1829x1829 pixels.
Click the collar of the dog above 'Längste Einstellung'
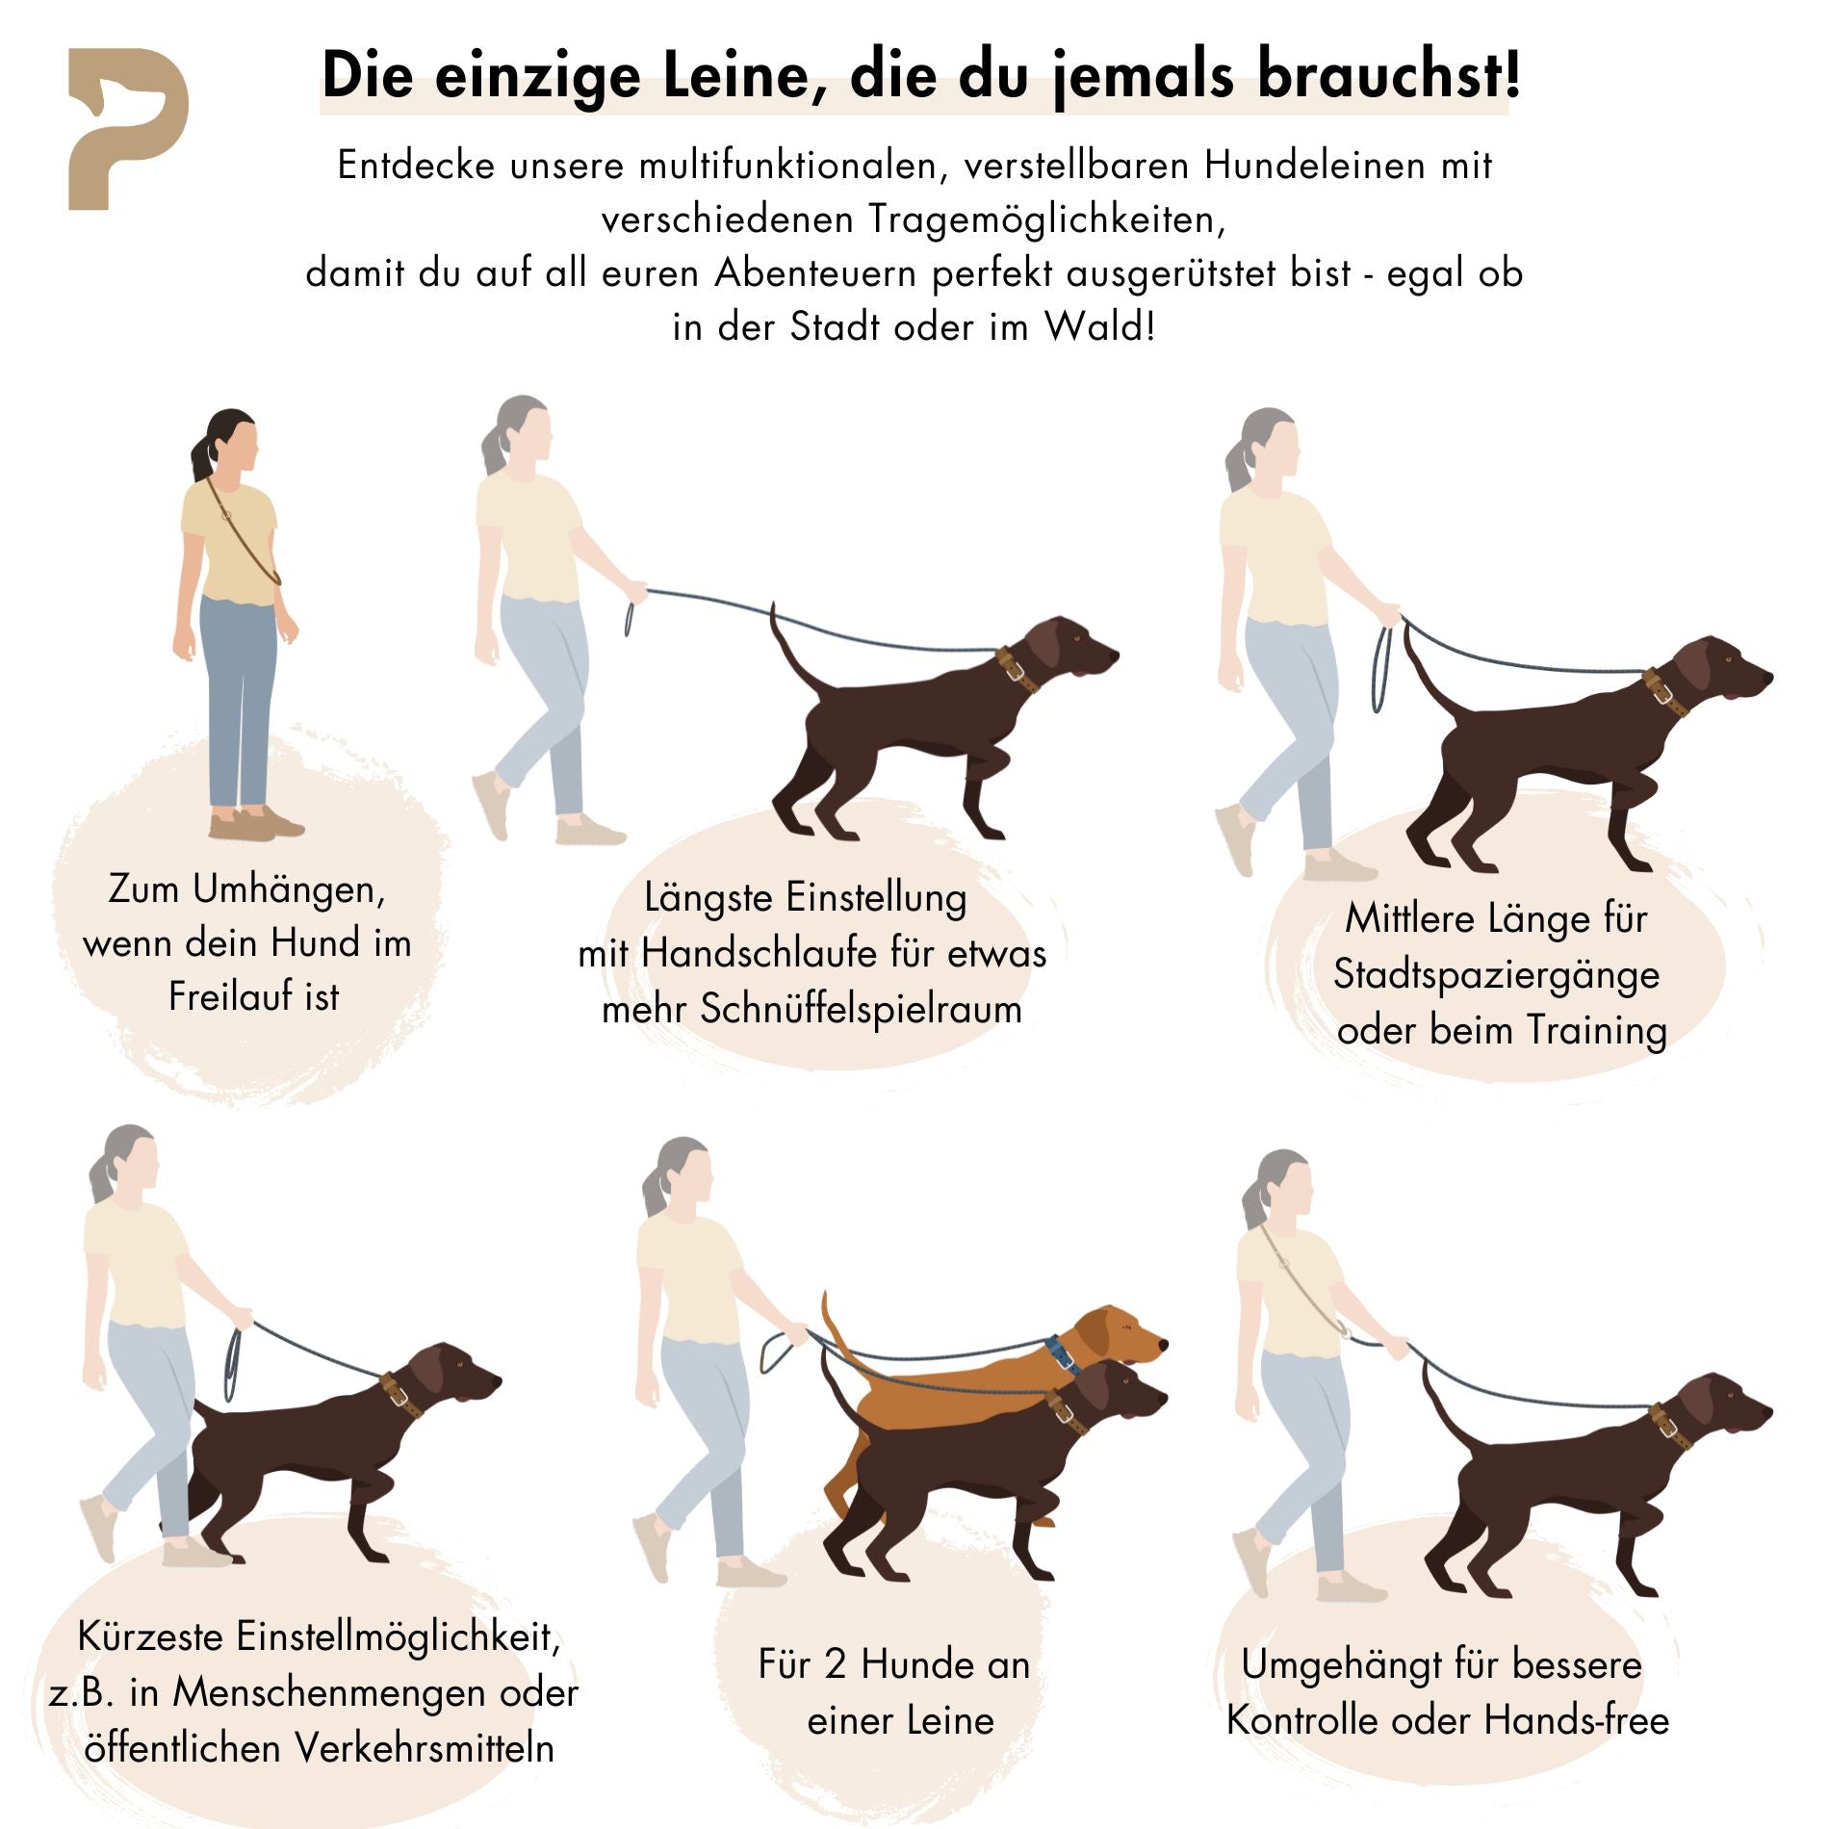(1016, 669)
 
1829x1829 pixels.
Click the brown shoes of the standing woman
(255, 825)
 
